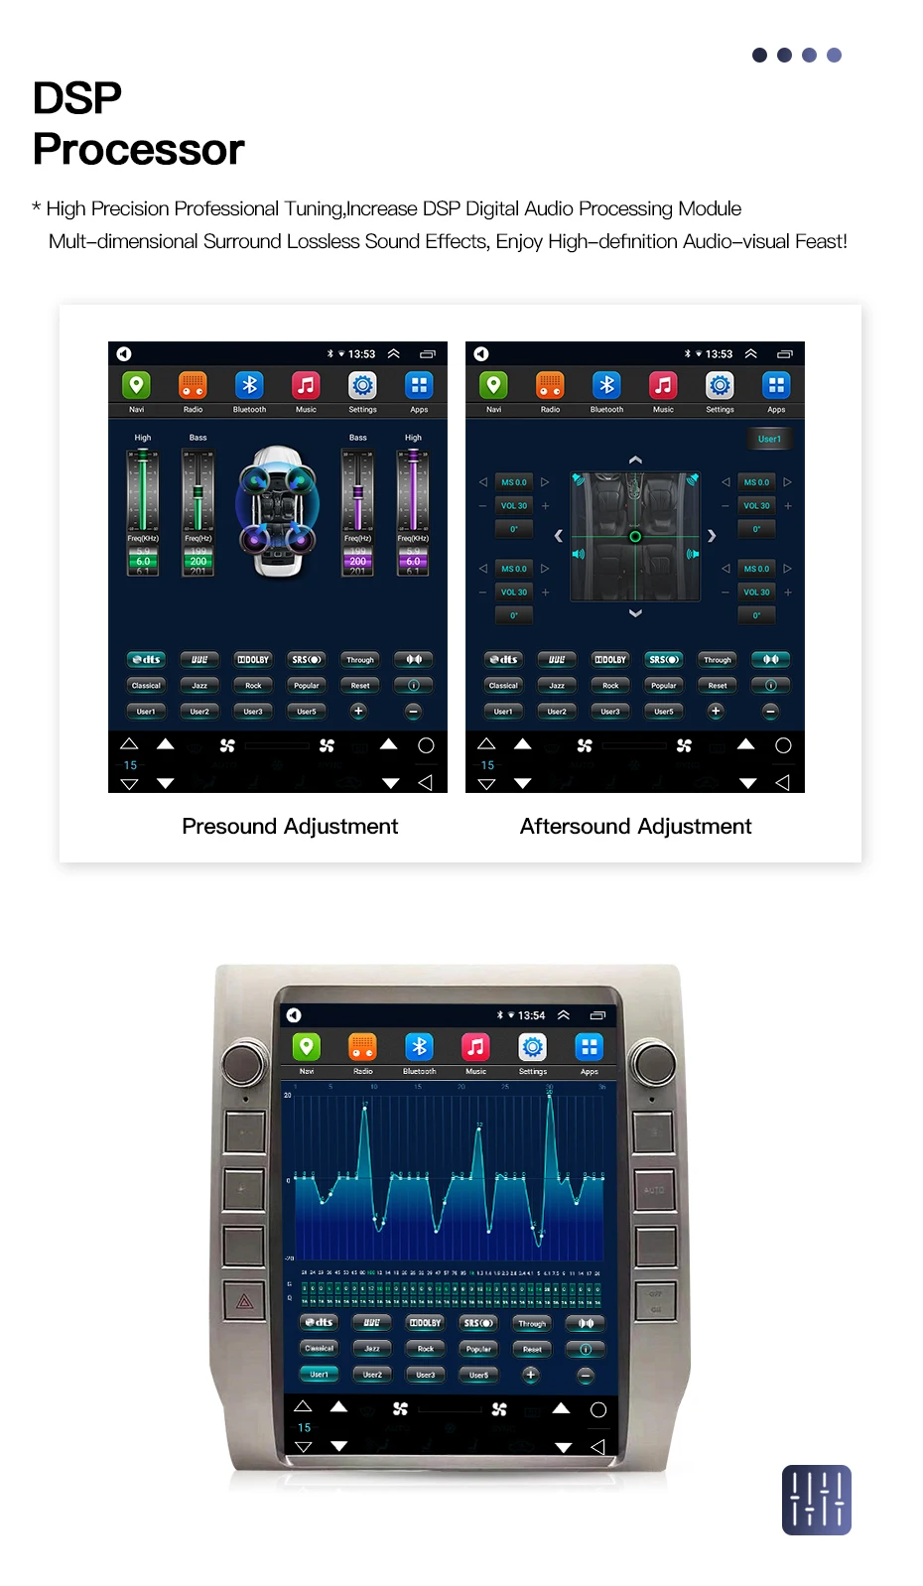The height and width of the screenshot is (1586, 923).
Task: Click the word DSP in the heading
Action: (x=77, y=98)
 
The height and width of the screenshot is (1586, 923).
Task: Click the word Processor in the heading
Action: (x=138, y=150)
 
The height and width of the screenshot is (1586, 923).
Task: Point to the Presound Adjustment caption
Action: (x=290, y=826)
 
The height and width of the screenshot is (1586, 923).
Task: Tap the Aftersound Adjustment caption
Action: (x=635, y=826)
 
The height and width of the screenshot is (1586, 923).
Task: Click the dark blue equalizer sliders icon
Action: (x=816, y=1499)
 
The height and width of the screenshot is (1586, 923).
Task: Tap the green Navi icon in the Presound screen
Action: (x=136, y=385)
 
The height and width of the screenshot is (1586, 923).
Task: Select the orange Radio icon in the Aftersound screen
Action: (x=550, y=385)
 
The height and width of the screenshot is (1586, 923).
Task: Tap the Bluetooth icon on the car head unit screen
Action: (x=419, y=1047)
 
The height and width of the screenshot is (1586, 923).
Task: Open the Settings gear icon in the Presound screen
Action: (x=362, y=385)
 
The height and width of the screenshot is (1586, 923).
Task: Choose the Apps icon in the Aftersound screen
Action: (x=776, y=385)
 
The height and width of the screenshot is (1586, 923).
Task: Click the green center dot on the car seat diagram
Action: (x=635, y=537)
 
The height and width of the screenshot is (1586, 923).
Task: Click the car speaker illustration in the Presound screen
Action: (x=277, y=511)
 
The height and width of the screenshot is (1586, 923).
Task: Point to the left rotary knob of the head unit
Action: (x=243, y=1063)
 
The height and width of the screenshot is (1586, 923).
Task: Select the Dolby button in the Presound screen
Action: (x=253, y=659)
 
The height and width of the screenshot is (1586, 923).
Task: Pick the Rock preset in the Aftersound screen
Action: (x=610, y=685)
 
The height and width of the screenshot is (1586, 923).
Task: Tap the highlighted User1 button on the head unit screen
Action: (x=319, y=1375)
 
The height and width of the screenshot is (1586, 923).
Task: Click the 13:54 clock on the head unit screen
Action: (x=531, y=1015)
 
